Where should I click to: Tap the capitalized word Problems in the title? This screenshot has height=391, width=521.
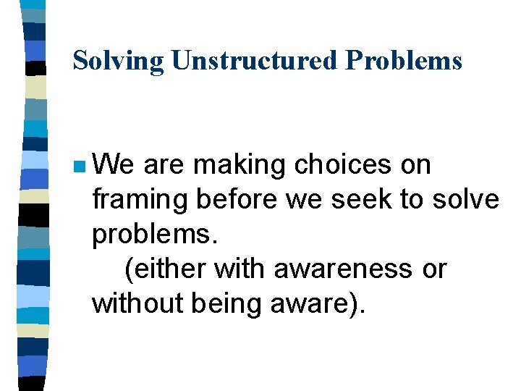(x=404, y=61)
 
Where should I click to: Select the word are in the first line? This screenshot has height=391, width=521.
(x=165, y=165)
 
